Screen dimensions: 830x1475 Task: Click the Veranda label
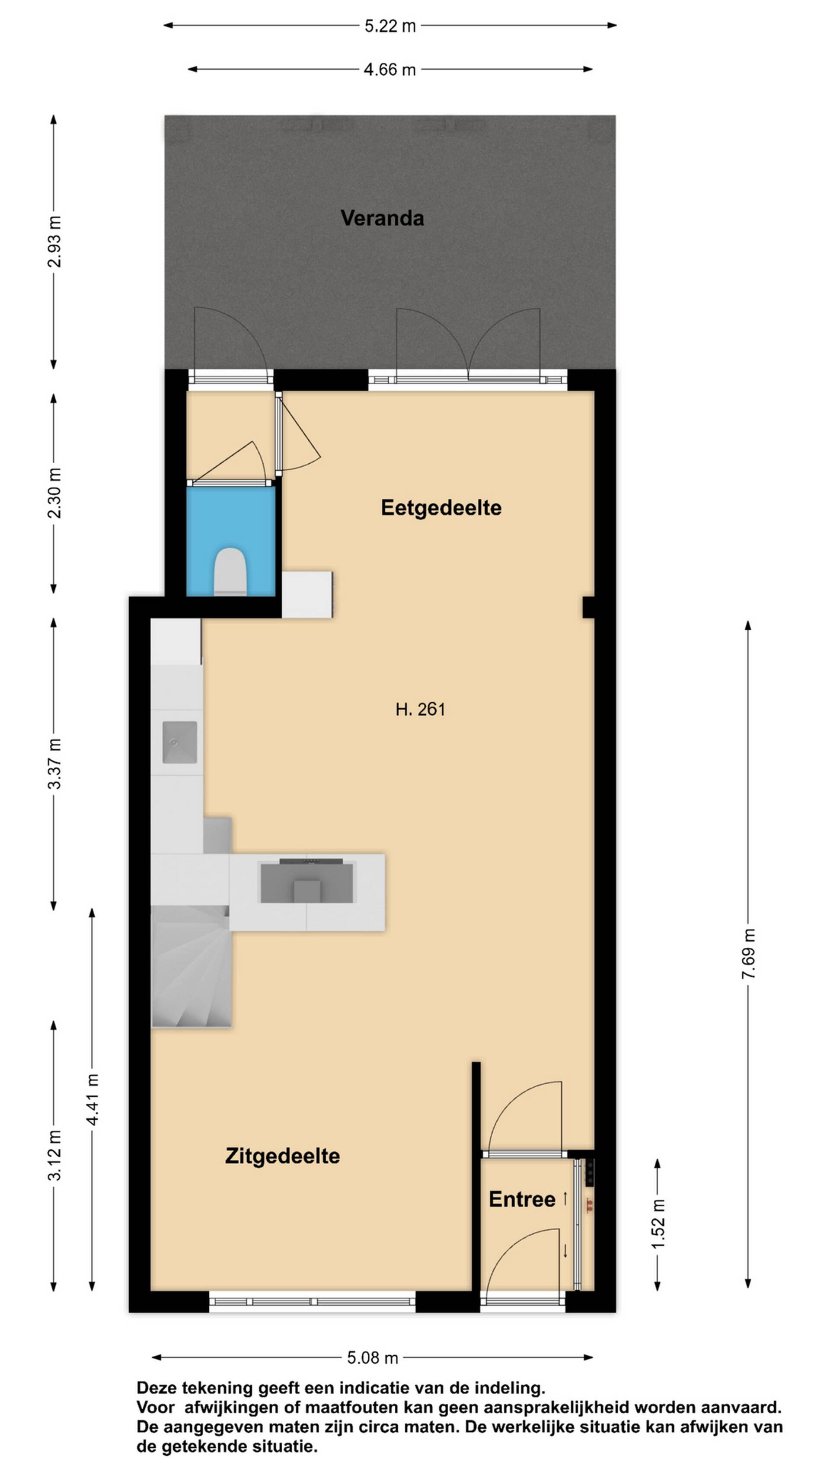pos(382,218)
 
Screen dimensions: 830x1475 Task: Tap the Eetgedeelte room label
pos(441,508)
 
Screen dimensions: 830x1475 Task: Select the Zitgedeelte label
pos(282,1156)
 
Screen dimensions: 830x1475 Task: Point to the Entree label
pos(522,1199)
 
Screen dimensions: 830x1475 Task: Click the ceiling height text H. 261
pos(421,710)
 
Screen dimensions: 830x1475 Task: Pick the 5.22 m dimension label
pos(390,26)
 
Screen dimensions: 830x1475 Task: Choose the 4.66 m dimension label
pos(389,70)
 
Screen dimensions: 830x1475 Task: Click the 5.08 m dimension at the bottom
pos(372,1357)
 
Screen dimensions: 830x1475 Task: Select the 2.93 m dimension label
pos(54,242)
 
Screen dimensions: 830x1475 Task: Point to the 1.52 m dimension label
pos(658,1223)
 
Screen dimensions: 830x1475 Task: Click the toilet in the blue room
pos(230,571)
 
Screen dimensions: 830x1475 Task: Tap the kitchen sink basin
pos(179,742)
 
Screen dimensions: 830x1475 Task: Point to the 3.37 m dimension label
pos(54,764)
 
